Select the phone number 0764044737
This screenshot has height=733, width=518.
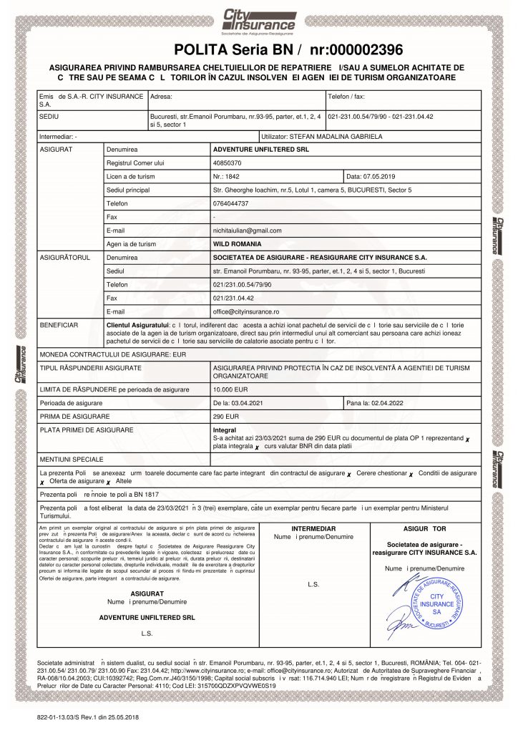231,203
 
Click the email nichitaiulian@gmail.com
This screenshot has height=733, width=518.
248,230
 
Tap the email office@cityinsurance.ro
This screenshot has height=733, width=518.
246,311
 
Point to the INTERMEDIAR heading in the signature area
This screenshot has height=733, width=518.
304,528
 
